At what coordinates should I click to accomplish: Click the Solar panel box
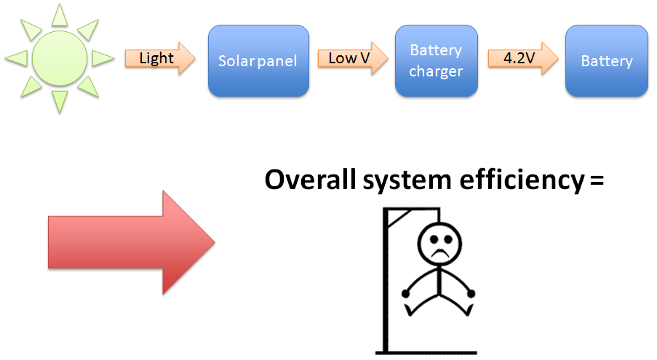pos(258,61)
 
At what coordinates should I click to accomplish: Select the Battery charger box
pos(437,61)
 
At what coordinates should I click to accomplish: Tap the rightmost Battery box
pos(606,61)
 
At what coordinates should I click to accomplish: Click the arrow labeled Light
pos(160,58)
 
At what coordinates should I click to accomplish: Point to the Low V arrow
pos(353,58)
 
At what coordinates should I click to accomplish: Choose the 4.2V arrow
pos(523,58)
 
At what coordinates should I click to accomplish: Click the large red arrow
pos(132,242)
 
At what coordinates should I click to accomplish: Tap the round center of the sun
pos(60,58)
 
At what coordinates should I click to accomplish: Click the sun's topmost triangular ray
pos(60,15)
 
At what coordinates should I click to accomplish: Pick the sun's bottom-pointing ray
pos(60,102)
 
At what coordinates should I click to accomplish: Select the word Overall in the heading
pos(311,180)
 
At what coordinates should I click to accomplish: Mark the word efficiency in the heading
pos(522,181)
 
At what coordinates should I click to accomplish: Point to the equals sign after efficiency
pos(597,181)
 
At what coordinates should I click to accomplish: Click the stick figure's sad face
pos(439,244)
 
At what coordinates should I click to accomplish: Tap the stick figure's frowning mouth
pos(439,253)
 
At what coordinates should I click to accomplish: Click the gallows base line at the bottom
pos(426,353)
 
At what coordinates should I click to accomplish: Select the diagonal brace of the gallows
pos(399,218)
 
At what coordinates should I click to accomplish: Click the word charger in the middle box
pos(436,71)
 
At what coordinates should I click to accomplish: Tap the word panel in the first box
pos(277,62)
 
